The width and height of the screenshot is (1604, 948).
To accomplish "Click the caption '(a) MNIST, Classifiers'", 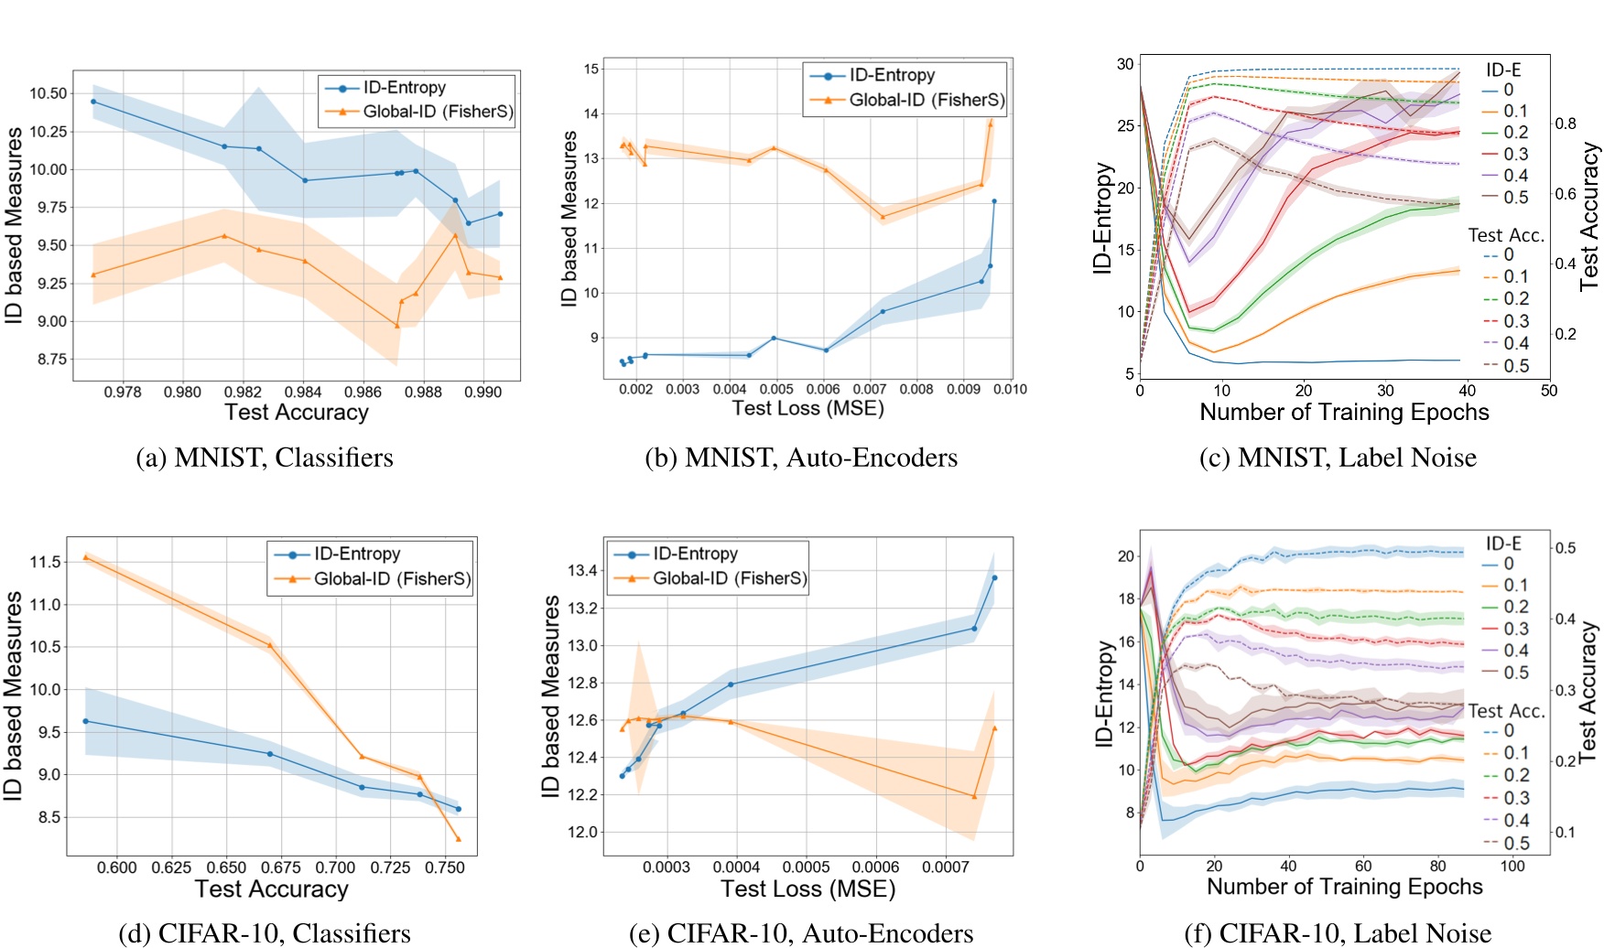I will [x=265, y=458].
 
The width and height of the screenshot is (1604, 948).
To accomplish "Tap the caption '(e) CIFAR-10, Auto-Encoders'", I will [x=801, y=933].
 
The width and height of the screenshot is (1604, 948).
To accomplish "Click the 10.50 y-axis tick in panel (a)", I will [x=48, y=93].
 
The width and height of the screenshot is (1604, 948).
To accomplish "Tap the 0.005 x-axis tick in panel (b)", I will [x=776, y=389].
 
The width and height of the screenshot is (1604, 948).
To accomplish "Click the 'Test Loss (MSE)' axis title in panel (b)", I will [x=807, y=408].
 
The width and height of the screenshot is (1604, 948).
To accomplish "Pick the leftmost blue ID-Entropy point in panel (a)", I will [x=92, y=102].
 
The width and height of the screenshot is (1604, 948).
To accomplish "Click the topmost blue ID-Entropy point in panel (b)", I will [x=994, y=201].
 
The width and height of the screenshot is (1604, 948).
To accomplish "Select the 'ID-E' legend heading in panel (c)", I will [x=1503, y=70].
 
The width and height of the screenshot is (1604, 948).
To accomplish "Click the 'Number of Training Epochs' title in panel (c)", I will [x=1344, y=413].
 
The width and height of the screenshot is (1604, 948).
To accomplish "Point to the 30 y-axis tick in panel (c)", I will [x=1124, y=64].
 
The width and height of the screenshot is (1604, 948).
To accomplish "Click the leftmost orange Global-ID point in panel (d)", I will [x=85, y=556].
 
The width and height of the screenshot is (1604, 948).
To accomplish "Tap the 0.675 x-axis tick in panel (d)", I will [x=281, y=867].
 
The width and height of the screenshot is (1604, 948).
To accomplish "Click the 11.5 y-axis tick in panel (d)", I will [x=45, y=562].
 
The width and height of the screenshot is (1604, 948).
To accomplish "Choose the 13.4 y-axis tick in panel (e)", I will [x=582, y=571].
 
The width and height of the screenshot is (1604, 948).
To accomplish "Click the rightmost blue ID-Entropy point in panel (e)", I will [x=994, y=577].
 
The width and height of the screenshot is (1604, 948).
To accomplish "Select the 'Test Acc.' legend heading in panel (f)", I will [x=1506, y=711].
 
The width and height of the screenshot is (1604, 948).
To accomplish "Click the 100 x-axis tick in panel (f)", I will [x=1512, y=866].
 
